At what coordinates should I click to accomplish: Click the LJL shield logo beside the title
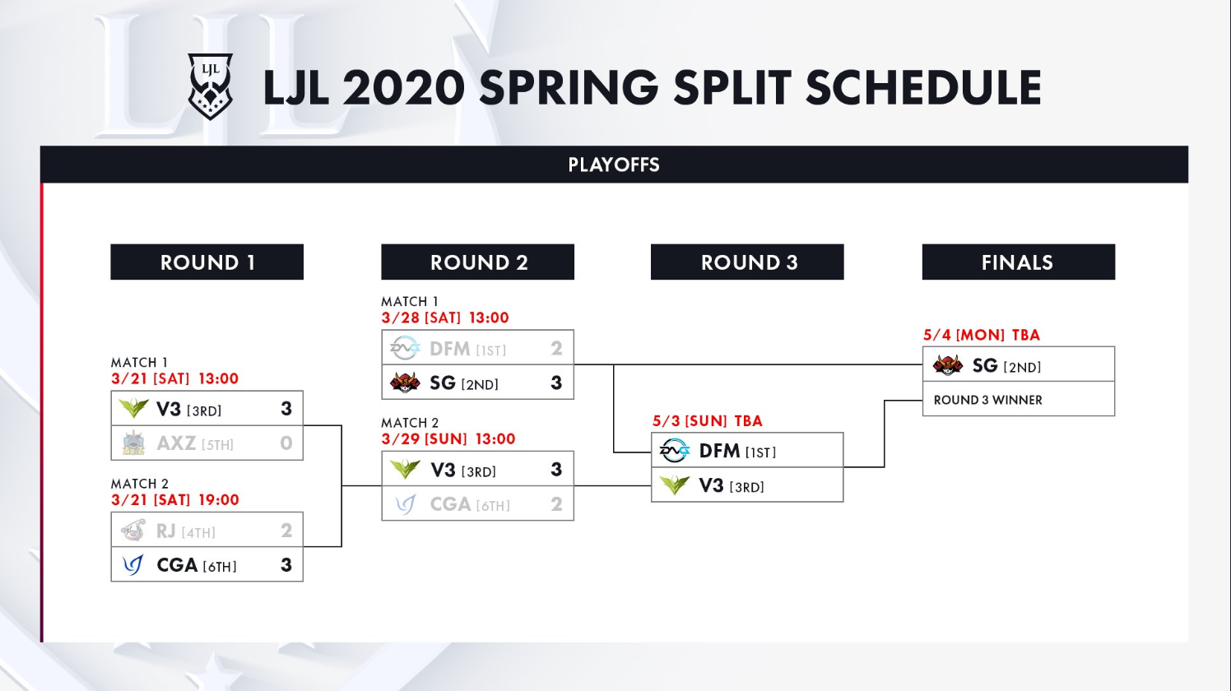[210, 86]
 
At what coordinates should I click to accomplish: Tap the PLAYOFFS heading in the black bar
[614, 165]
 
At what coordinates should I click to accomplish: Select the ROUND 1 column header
[207, 262]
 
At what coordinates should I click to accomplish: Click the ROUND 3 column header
[747, 262]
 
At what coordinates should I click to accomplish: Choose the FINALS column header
[1019, 262]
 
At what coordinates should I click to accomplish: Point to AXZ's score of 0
[286, 443]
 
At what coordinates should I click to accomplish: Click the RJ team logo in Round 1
[133, 531]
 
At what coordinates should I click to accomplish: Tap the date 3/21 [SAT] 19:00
[175, 500]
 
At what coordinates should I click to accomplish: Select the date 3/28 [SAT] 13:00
[445, 318]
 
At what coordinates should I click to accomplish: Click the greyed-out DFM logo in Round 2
[405, 348]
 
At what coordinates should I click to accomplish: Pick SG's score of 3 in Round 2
[556, 383]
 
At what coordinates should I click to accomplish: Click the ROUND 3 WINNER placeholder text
[988, 400]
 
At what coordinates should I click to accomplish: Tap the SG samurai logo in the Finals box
[947, 365]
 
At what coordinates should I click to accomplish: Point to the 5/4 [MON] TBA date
[982, 335]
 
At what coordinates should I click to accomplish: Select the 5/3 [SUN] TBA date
[708, 421]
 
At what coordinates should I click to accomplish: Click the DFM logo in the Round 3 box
[674, 451]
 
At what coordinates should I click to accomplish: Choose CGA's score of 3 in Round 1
[286, 564]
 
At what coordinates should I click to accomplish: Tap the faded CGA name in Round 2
[450, 504]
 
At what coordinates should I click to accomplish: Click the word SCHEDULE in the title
[923, 87]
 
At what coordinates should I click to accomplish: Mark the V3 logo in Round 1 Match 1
[133, 408]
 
